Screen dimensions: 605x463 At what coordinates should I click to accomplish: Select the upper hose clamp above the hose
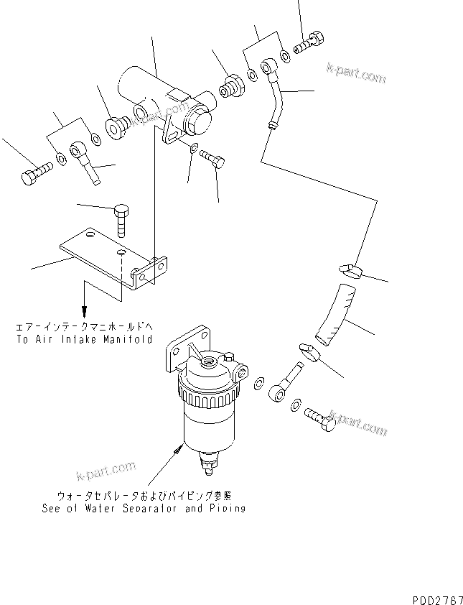[x=350, y=271]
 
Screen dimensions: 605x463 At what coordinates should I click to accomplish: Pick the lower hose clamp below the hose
[x=309, y=350]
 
